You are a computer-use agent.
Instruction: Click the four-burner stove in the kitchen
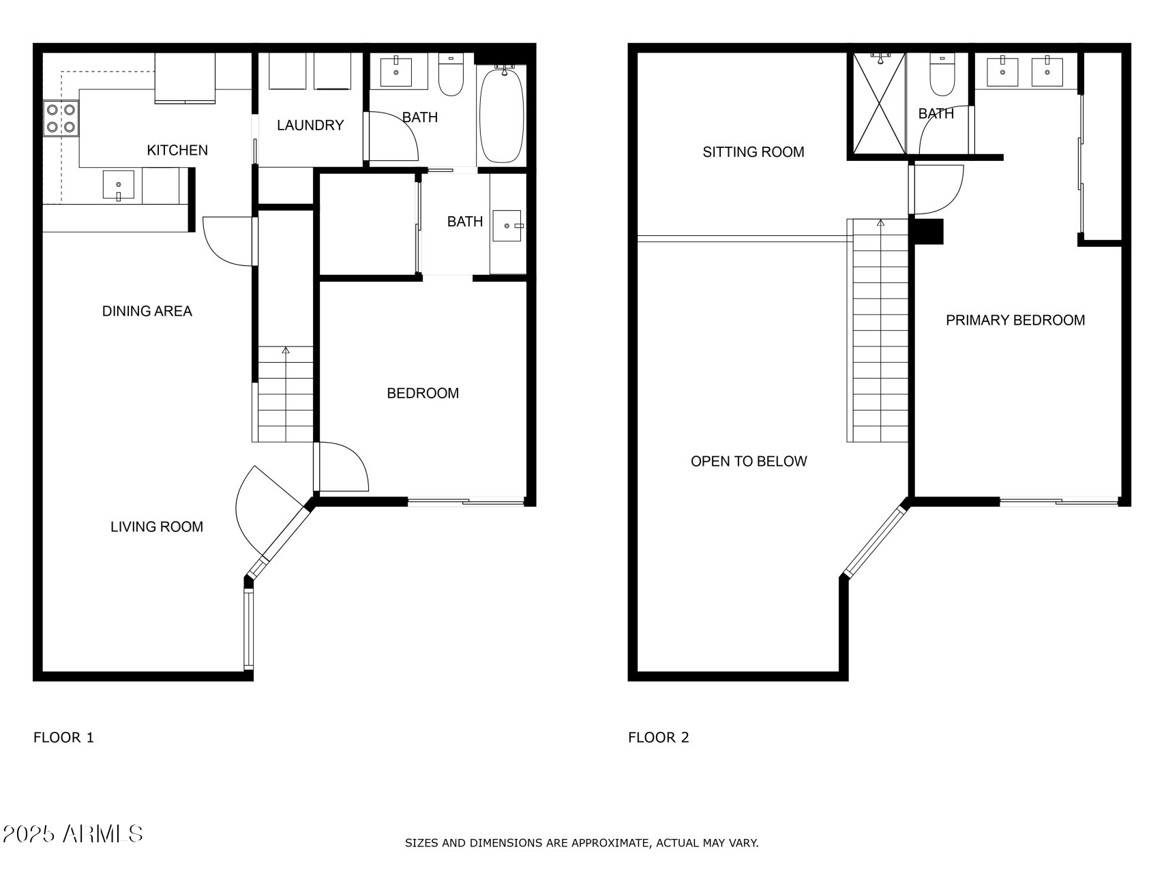click(61, 118)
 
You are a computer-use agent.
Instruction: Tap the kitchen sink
click(119, 186)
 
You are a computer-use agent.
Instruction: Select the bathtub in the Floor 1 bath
click(502, 115)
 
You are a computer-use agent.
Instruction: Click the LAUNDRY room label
click(310, 125)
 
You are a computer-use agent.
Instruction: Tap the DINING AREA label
click(147, 312)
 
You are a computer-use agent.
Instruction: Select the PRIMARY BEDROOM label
click(1015, 321)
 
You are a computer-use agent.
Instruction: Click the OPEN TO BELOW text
click(749, 462)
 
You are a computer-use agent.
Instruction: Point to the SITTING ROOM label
click(753, 152)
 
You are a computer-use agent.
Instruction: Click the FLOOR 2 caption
click(658, 737)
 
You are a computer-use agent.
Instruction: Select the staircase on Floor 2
click(880, 334)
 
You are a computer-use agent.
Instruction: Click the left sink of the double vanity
click(1002, 72)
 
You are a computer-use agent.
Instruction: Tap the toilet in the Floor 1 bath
click(451, 75)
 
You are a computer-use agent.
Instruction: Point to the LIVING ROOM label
click(157, 527)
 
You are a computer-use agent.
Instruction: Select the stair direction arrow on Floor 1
click(286, 351)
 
